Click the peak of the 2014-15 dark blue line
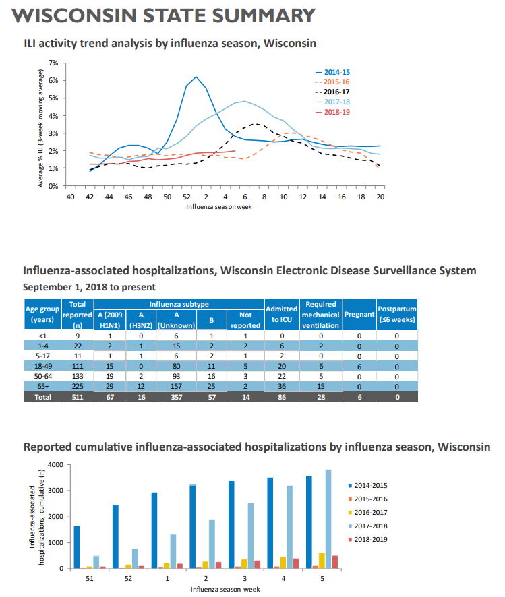point(196,77)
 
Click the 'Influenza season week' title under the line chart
point(219,206)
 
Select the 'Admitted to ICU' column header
point(281,314)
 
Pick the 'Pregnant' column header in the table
point(359,314)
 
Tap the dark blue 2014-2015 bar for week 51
point(77,547)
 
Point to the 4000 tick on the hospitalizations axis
point(57,465)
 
